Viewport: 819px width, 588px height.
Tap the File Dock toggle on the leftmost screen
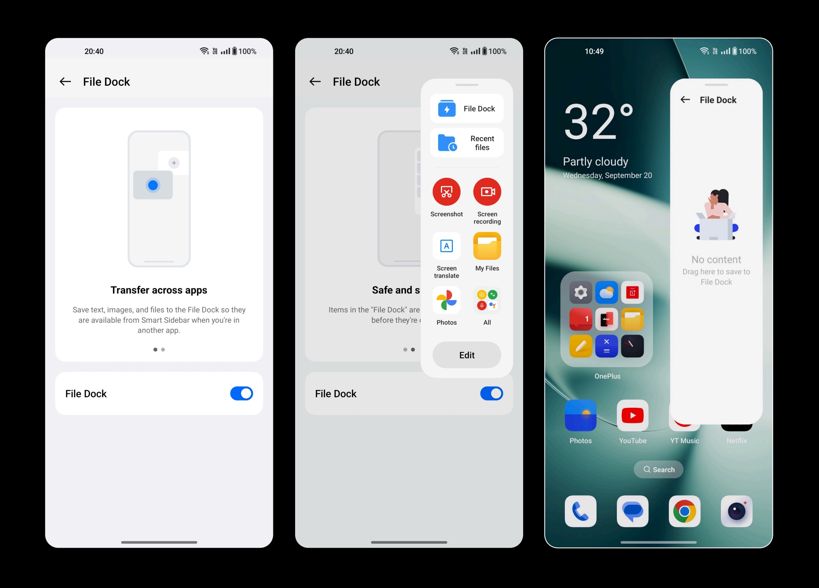coord(241,393)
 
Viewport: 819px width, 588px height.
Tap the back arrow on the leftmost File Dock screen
coord(65,82)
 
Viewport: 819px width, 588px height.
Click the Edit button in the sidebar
coord(467,355)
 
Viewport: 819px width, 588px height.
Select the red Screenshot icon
coord(446,192)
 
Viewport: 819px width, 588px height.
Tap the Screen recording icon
coord(487,192)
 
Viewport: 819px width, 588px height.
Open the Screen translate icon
coord(446,246)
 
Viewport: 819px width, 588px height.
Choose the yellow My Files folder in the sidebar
coord(487,246)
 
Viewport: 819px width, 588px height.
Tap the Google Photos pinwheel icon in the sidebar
coord(446,300)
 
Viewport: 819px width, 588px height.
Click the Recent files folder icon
coord(447,143)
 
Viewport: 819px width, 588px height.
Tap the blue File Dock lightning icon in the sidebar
coord(447,109)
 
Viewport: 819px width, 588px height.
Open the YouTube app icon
coord(632,416)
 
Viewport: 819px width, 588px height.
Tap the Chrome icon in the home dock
coord(684,511)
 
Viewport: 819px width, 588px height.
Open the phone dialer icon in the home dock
coord(580,511)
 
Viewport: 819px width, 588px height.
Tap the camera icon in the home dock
coord(736,511)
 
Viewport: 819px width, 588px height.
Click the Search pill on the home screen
coord(659,469)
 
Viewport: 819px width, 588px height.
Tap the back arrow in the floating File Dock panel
coord(685,100)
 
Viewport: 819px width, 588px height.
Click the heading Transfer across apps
coord(159,290)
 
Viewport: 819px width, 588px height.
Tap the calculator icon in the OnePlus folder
coord(607,346)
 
